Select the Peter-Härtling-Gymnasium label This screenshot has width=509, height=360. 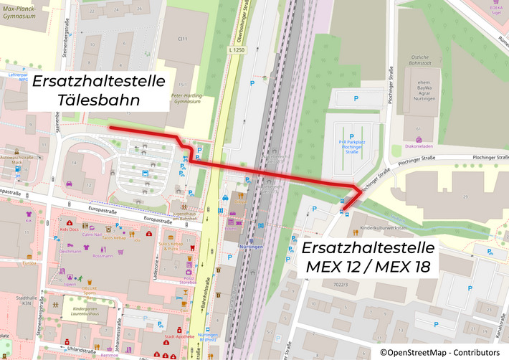tap(183, 99)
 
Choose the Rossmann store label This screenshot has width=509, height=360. tap(103, 256)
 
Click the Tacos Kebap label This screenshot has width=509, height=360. tap(114, 238)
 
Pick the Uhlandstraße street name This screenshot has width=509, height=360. tap(79, 350)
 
